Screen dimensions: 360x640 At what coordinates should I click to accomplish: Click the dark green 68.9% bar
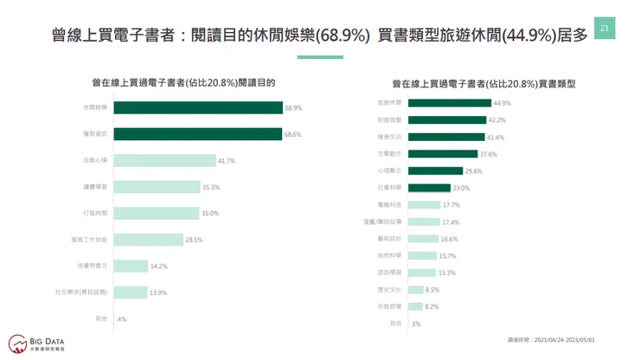pos(197,108)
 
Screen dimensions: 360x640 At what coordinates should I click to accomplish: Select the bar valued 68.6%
pos(197,134)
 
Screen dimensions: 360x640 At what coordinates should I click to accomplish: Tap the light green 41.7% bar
pos(163,161)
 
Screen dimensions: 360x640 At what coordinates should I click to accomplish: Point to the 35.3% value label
pos(211,187)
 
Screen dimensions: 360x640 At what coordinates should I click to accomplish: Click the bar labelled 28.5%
pos(147,240)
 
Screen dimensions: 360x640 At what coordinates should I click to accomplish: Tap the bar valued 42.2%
pos(446,120)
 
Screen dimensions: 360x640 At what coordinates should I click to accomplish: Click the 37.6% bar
pos(442,154)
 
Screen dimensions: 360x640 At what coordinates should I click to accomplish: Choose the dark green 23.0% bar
pos(429,188)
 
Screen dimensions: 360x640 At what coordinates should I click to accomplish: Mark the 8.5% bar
pos(415,290)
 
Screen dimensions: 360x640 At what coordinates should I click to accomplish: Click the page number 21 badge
pos(604,29)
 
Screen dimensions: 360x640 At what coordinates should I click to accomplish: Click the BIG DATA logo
pos(38,342)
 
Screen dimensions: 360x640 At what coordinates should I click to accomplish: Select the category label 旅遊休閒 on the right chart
pos(390,103)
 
